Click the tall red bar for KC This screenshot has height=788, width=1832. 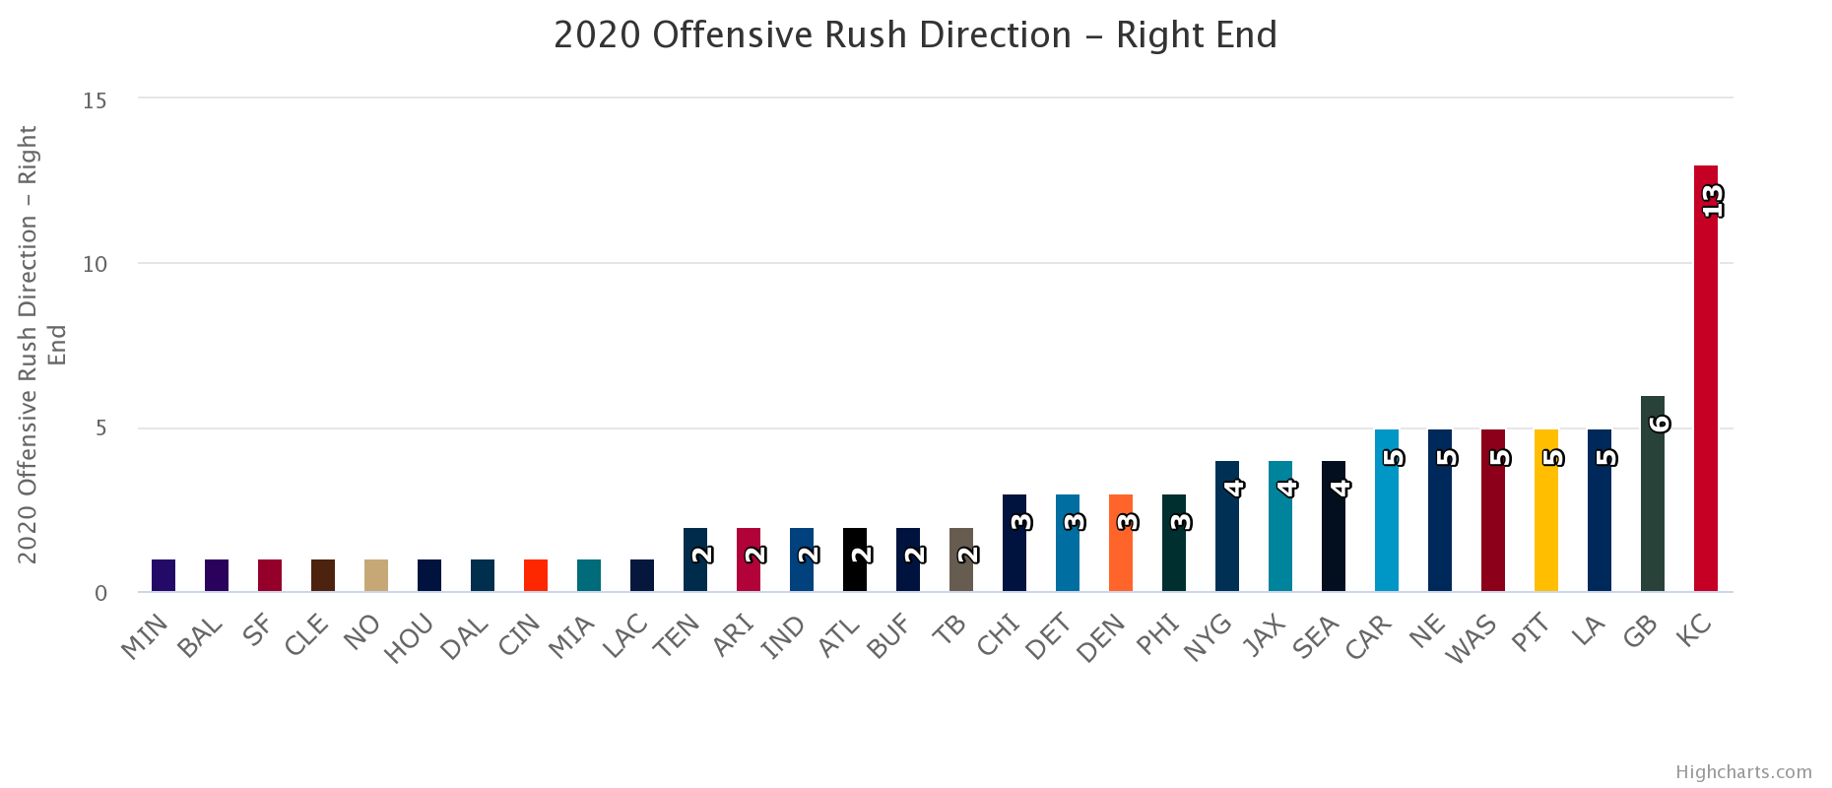coord(1705,378)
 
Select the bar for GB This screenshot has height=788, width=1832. coord(1652,493)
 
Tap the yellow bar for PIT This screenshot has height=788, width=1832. coord(1545,510)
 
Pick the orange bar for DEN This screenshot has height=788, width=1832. coord(1120,543)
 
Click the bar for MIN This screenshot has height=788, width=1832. coord(163,575)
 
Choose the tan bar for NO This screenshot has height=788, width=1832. coord(375,575)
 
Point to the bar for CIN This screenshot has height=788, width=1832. coord(535,575)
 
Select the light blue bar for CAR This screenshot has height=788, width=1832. coord(1386,510)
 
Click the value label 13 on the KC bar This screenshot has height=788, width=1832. coord(1713,201)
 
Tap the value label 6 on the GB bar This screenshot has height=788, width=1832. coord(1660,424)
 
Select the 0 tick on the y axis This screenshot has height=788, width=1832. coord(101,593)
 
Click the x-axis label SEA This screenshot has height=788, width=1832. coord(1316,636)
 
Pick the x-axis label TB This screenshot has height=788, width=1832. coord(951,629)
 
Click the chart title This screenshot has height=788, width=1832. coord(915,34)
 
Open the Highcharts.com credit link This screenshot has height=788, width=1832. coord(1743,771)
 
